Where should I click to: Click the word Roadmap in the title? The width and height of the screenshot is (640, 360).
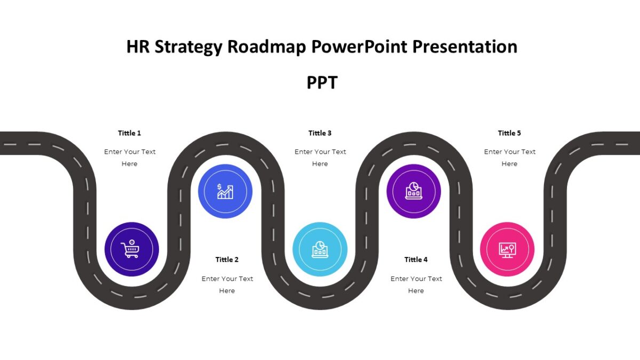267,47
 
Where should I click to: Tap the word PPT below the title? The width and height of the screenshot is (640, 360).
322,83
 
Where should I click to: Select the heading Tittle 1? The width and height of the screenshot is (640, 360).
130,133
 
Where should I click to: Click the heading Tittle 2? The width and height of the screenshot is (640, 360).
227,259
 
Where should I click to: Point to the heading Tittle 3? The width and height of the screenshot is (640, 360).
320,133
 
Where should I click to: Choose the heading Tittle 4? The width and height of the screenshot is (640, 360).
416,259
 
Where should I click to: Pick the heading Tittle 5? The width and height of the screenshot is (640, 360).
509,133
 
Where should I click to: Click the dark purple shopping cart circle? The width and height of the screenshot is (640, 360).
131,249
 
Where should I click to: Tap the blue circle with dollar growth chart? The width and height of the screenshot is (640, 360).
225,191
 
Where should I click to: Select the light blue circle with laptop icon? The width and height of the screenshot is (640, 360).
320,249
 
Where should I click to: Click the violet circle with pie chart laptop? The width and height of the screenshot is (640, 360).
413,191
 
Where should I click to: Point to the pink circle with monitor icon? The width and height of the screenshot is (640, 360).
507,249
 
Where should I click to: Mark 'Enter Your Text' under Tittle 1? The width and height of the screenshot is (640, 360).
130,151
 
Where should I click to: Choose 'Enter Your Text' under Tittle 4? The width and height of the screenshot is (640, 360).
416,278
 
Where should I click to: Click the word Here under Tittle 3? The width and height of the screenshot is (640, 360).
320,164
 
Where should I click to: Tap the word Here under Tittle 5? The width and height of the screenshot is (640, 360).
509,164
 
